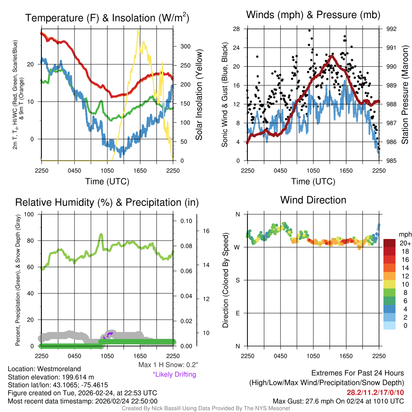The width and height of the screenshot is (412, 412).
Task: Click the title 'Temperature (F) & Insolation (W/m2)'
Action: tap(107, 18)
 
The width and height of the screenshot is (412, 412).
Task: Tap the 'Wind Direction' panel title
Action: tap(313, 200)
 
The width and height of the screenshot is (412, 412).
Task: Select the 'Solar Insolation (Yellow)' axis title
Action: tap(199, 95)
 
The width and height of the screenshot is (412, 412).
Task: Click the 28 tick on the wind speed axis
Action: tap(236, 29)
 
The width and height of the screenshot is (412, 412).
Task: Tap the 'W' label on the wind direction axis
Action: tap(237, 247)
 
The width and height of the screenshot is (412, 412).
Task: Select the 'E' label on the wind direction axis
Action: tap(237, 313)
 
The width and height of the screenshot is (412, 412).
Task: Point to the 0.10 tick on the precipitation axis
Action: tap(186, 221)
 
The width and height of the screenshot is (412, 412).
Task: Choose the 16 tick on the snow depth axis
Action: tap(207, 231)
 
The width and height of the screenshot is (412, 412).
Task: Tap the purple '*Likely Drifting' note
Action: tap(174, 375)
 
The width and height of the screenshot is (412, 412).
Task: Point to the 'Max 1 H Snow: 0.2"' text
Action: tap(168, 365)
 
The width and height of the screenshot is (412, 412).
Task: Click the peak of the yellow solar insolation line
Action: tap(138, 31)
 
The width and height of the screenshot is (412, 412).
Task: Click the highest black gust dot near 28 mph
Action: tap(309, 30)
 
